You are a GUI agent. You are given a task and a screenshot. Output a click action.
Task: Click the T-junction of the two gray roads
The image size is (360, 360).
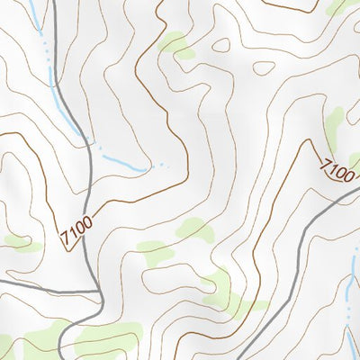98,291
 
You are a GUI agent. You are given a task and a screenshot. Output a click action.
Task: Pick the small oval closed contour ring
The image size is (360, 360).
263,67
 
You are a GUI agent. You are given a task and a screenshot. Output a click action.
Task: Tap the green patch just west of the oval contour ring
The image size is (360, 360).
177,45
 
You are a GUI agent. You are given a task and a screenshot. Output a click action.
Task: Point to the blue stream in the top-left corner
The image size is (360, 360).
36,22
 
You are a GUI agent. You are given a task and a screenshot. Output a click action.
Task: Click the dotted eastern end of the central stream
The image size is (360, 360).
161,165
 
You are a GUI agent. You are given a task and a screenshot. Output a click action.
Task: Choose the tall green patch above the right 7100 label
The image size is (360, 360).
335,126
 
